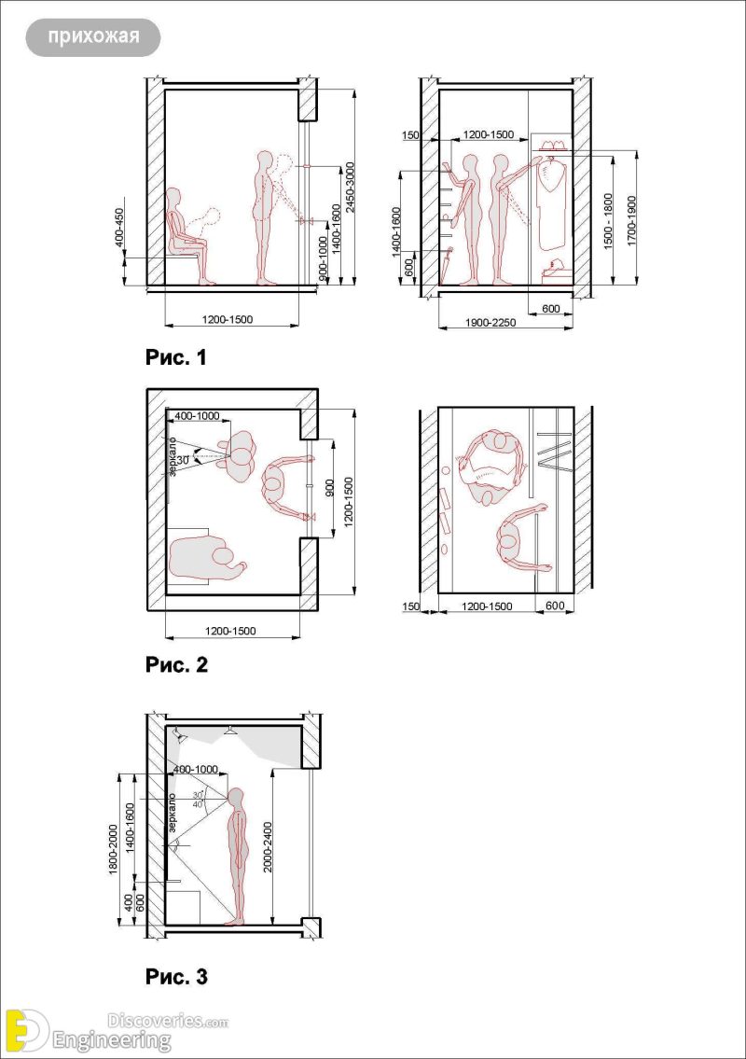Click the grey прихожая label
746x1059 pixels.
coord(93,37)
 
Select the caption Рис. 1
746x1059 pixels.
coord(176,357)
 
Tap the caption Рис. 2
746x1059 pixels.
coord(176,665)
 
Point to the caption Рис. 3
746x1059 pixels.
coord(176,978)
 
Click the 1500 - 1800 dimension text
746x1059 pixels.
coord(609,220)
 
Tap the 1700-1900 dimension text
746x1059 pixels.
coord(631,220)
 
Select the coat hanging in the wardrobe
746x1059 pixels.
coord(553,202)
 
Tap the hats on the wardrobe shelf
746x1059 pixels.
coord(551,146)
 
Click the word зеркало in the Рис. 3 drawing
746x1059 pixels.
coord(173,814)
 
